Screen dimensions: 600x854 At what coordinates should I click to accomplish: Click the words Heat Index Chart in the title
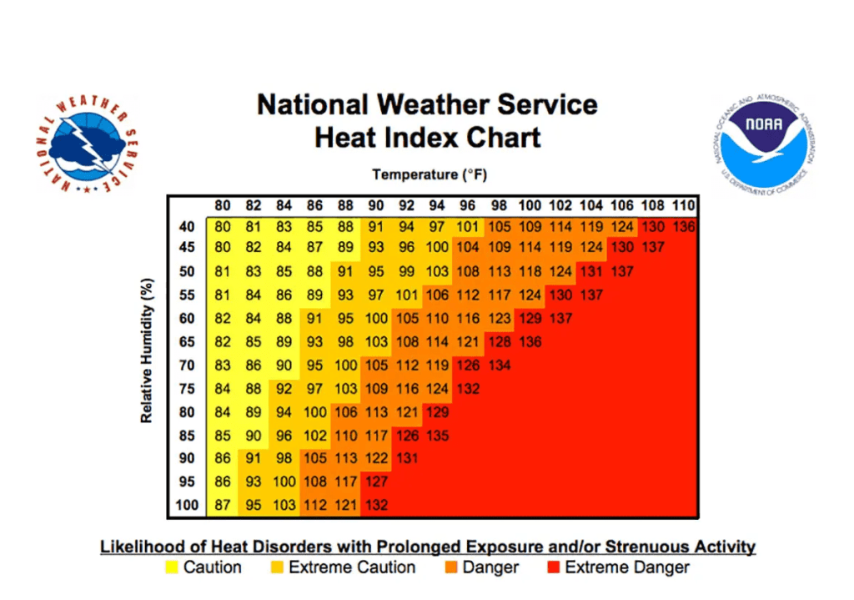point(427,136)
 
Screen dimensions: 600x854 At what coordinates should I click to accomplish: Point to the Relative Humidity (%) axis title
point(147,350)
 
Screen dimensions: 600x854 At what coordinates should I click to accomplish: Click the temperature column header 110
point(683,206)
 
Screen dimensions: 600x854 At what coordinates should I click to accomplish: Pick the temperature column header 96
point(469,206)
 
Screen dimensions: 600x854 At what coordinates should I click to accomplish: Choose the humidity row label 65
point(186,341)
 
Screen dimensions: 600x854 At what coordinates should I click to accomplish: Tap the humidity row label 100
point(186,505)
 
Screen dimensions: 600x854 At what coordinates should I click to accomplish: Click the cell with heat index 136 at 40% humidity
point(683,226)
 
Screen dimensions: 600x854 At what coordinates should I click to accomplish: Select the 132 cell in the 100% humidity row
point(375,505)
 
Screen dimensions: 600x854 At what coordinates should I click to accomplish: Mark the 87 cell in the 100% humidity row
point(223,505)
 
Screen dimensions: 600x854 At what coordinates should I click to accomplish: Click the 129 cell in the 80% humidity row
point(437,411)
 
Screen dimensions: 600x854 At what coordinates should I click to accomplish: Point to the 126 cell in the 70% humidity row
point(469,365)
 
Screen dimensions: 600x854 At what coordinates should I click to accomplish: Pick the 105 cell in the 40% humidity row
point(499,226)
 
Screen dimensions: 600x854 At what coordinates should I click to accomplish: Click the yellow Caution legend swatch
point(172,568)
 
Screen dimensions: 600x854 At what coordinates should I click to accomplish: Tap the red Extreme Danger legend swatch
point(552,568)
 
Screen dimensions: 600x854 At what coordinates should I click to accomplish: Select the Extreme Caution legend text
point(351,567)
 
